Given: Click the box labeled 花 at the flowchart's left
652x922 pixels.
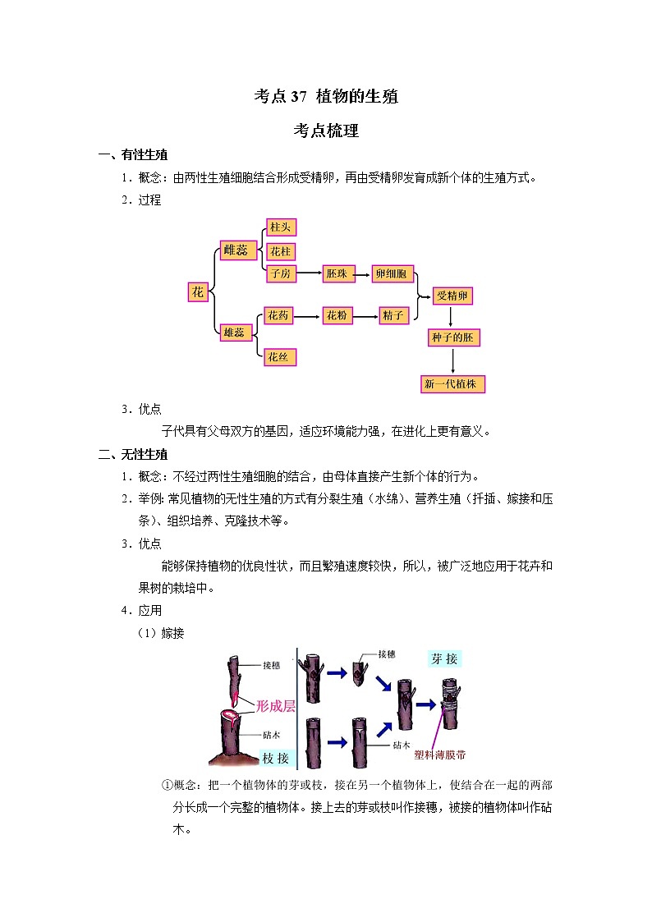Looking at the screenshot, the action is tap(198, 291).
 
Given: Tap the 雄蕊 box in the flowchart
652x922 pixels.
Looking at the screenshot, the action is tap(235, 333).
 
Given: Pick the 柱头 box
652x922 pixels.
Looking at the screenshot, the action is tap(281, 227).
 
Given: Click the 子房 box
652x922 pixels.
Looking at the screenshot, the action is tap(281, 273).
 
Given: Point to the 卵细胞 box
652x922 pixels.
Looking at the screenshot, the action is tap(393, 273).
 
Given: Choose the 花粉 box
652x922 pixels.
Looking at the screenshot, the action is tap(337, 315).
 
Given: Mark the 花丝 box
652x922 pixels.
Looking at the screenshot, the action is tap(280, 357).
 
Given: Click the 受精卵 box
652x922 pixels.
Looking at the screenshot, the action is tap(452, 296).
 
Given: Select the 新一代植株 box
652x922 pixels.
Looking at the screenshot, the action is tap(452, 384).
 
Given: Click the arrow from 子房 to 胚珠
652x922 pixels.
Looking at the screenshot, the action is tap(310, 273).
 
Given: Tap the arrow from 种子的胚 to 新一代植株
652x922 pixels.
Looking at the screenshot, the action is tap(452, 360).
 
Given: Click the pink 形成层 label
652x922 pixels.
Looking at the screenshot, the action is tap(276, 705).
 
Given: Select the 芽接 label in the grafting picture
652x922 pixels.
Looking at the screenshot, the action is tap(444, 658).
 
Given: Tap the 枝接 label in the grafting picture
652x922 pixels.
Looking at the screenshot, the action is tap(275, 758).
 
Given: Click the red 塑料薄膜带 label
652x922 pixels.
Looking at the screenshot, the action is tap(440, 755).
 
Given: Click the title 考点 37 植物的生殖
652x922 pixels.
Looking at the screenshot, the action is tap(326, 96).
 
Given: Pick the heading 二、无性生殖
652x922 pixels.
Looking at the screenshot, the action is tap(133, 454).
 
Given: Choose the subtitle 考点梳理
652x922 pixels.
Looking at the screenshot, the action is tap(326, 131).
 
